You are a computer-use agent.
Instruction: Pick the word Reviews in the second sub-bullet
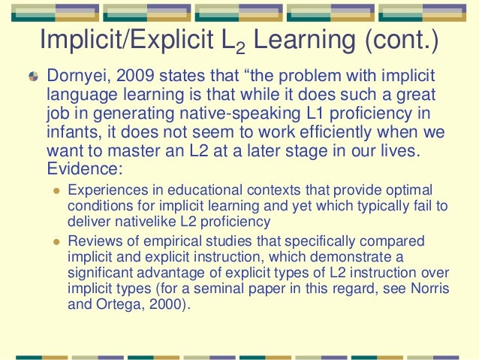[91, 241]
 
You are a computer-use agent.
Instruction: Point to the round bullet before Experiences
[55, 192]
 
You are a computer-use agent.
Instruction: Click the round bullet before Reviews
[55, 241]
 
